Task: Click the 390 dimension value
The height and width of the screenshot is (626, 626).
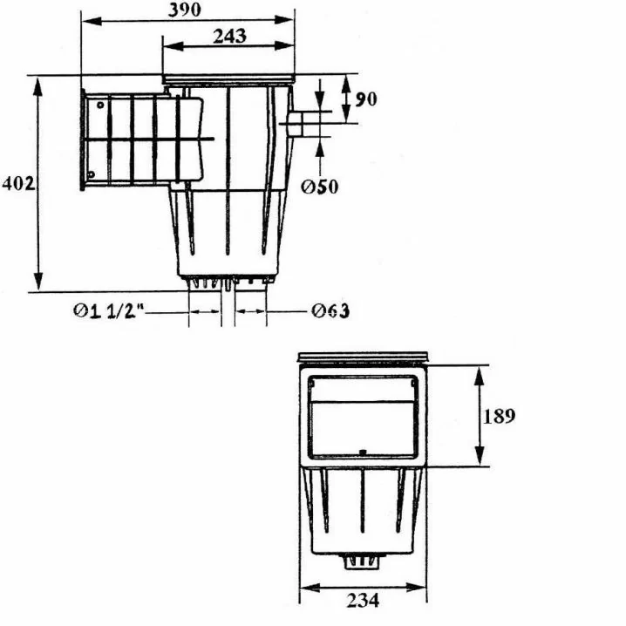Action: (x=184, y=10)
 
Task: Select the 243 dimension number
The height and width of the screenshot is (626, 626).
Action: (x=229, y=37)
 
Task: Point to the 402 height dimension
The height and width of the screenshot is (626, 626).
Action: (x=18, y=184)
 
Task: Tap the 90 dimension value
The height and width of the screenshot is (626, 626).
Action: (x=365, y=99)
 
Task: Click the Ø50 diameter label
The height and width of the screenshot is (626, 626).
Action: (x=319, y=187)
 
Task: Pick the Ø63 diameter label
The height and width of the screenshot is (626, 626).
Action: (x=330, y=310)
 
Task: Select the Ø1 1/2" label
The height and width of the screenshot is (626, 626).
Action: (x=109, y=311)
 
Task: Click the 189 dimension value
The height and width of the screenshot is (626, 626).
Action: (x=499, y=416)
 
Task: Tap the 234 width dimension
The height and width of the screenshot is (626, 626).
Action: (x=363, y=600)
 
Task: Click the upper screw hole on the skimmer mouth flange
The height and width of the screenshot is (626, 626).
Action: (x=100, y=105)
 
